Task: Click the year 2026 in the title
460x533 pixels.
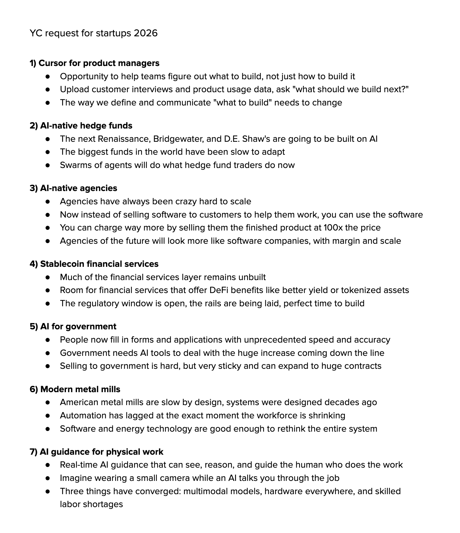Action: point(145,33)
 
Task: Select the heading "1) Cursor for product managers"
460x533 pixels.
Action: point(94,63)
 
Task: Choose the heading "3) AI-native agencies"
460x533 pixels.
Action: point(73,188)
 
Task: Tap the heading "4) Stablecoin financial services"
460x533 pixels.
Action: point(94,264)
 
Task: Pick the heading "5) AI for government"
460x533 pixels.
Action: point(73,326)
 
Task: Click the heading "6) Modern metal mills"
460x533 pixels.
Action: point(75,389)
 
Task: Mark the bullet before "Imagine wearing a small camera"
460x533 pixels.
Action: point(48,478)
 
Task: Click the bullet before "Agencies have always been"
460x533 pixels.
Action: point(48,202)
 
